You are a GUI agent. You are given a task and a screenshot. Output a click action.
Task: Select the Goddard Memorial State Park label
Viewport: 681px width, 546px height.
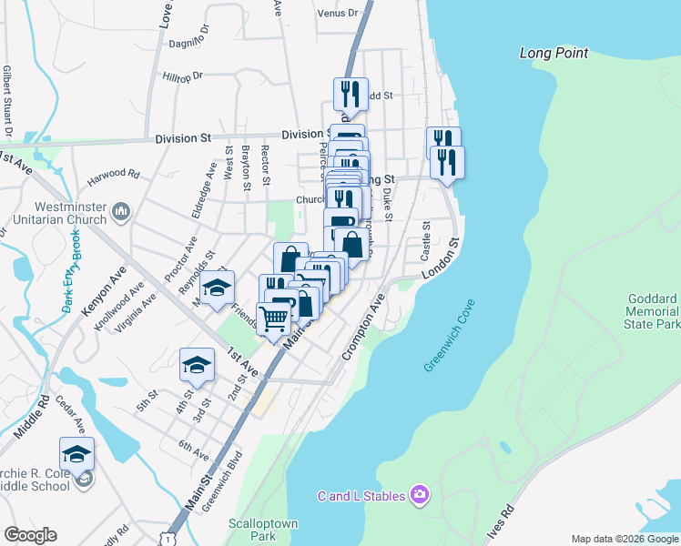[x=654, y=311]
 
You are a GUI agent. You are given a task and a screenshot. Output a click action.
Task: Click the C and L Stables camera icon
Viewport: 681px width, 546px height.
[x=420, y=495]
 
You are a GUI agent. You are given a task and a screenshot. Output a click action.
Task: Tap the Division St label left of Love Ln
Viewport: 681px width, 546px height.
[x=182, y=138]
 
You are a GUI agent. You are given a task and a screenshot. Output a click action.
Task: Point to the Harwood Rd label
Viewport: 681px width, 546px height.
[x=113, y=174]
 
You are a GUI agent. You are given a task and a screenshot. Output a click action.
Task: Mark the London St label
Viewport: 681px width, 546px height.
[x=442, y=259]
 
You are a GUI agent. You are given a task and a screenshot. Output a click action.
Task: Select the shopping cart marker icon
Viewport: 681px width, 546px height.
[x=274, y=318]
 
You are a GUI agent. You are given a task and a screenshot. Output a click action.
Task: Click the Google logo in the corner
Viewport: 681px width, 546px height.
[x=30, y=535]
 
